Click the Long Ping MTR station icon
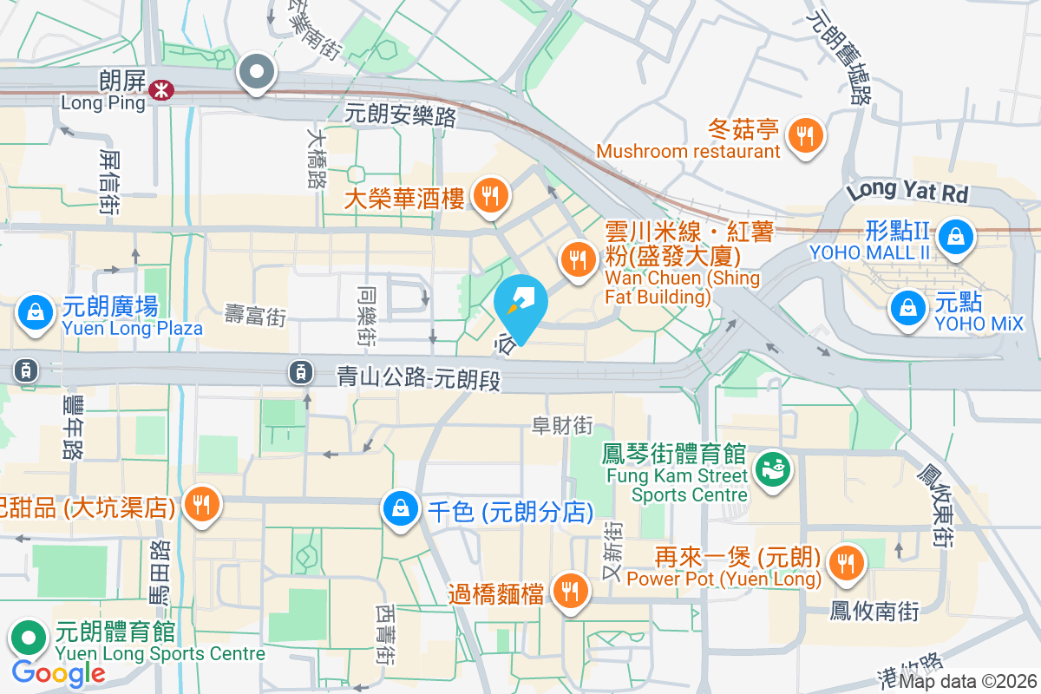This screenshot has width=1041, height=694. click(160, 88)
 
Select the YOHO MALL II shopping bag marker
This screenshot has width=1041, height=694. click(954, 233)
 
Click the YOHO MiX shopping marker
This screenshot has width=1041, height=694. click(907, 307)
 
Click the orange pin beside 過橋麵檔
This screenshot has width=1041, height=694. click(569, 592)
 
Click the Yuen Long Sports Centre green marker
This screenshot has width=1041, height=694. click(29, 638)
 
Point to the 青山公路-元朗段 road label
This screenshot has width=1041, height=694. click(420, 378)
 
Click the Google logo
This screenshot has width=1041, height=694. click(58, 672)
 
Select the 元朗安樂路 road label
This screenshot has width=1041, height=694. click(400, 115)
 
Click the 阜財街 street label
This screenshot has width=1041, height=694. click(562, 425)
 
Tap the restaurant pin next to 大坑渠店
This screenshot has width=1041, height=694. click(202, 504)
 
